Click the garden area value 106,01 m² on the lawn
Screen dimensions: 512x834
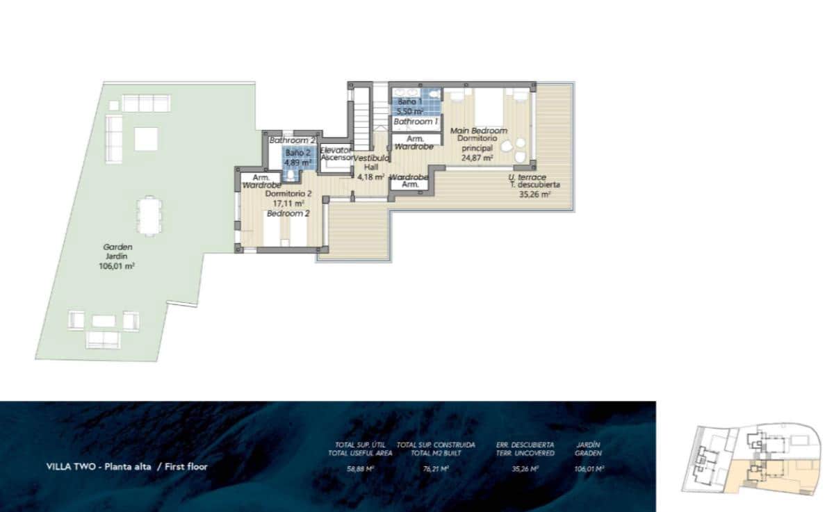tap(117, 265)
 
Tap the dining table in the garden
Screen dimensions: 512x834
tap(149, 215)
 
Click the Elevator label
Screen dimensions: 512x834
tap(336, 150)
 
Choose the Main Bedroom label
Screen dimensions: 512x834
tap(478, 131)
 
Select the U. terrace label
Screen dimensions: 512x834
tap(526, 177)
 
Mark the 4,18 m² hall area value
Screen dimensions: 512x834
tap(370, 176)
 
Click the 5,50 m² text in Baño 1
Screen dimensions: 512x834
tap(410, 111)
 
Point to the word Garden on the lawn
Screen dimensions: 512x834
tap(117, 247)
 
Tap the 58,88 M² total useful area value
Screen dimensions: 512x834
tap(360, 469)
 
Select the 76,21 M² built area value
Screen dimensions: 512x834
tap(435, 469)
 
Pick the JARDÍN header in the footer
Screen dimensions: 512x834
tap(589, 444)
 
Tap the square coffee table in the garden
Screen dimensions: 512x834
tap(146, 139)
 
